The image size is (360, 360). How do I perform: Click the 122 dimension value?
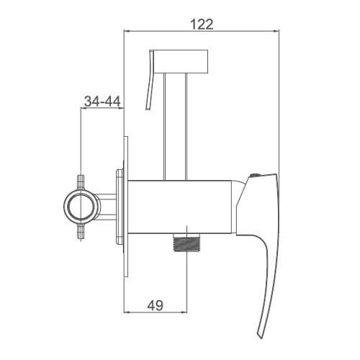pos(202,24)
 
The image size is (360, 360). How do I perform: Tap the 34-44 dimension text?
pos(102,101)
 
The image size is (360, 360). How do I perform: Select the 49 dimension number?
pos(156,305)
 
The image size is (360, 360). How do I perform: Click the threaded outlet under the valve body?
pos(186,242)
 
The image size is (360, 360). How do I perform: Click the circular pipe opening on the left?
pos(81,207)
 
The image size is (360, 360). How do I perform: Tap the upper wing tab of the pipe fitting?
pos(81,182)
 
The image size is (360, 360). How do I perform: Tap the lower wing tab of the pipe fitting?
pos(81,231)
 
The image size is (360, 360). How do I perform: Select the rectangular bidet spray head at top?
pos(181,61)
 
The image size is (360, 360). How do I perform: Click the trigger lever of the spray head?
pos(150,80)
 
